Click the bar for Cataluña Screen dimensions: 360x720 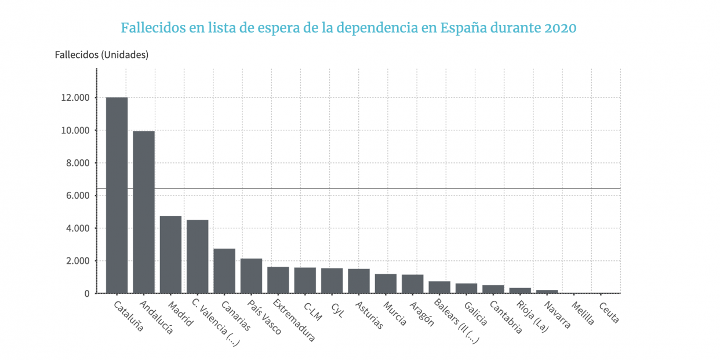[117, 195]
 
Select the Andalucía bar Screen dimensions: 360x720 [144, 212]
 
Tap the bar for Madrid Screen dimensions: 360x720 [170, 254]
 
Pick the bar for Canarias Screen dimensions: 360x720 [224, 271]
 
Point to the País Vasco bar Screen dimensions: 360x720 [251, 276]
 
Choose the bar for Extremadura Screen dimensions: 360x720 [278, 280]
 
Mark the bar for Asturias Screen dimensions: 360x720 [359, 281]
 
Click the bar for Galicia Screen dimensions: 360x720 [466, 288]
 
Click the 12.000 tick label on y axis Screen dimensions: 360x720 [74, 98]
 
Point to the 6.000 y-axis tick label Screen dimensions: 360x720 [77, 196]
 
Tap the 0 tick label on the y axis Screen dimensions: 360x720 [86, 294]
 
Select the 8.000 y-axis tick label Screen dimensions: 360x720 [77, 163]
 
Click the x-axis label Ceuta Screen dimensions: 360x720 [609, 312]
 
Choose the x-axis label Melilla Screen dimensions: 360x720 [583, 313]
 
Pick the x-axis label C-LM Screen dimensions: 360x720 [313, 311]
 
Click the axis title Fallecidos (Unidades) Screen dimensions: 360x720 [101, 55]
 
